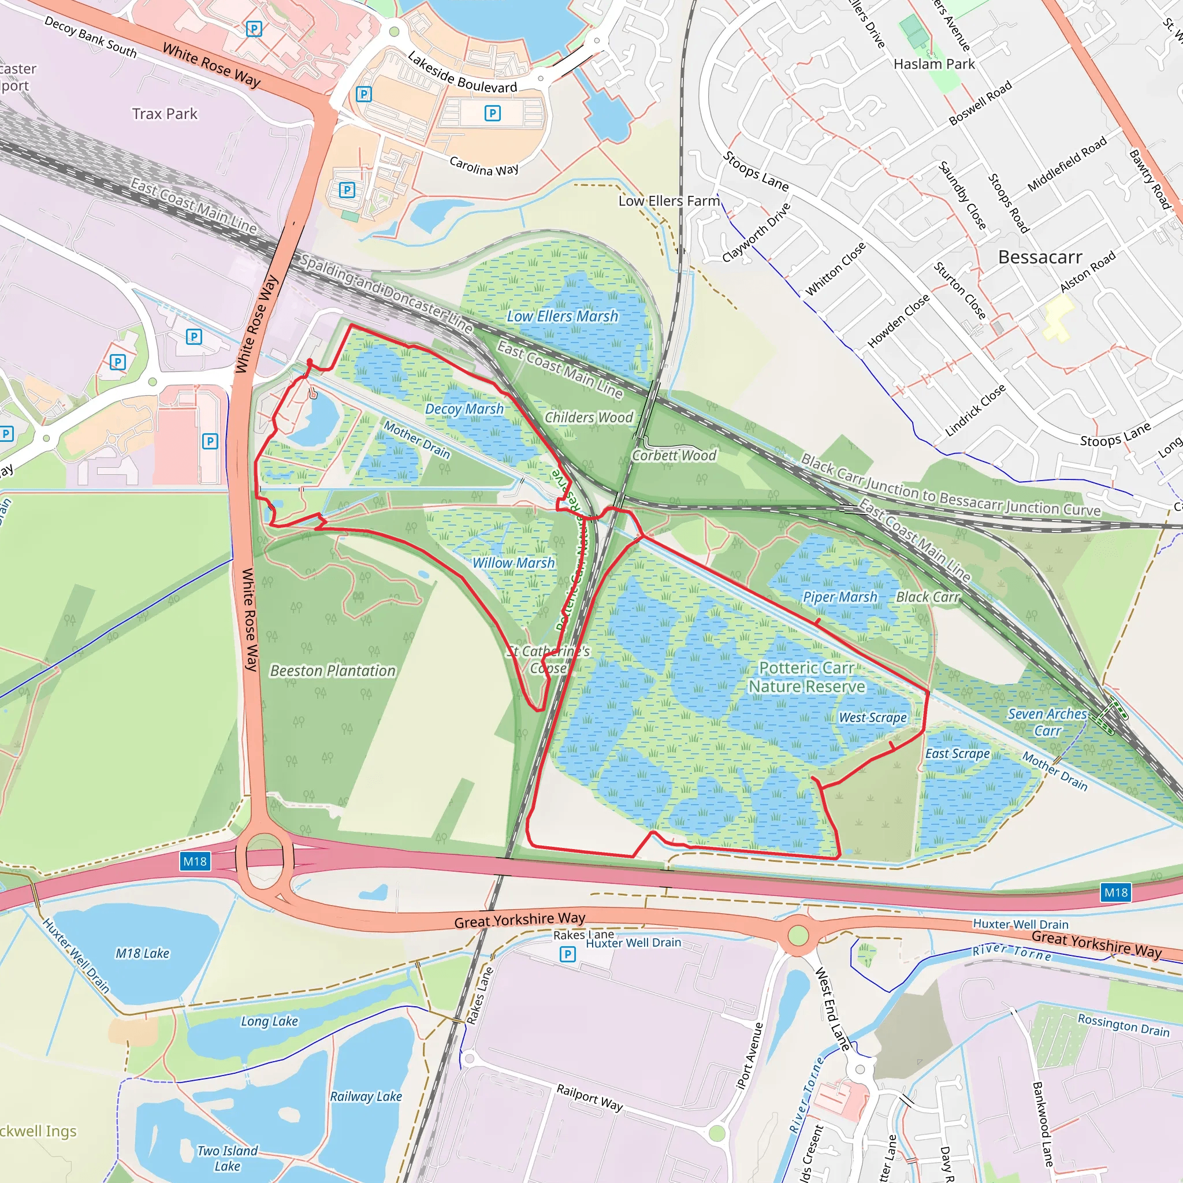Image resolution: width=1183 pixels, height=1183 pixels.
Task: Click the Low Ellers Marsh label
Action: point(562,317)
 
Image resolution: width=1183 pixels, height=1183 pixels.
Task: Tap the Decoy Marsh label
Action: point(464,408)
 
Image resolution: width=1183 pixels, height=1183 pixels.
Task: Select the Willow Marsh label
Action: point(513,563)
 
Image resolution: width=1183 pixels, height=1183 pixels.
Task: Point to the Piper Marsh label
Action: point(839,597)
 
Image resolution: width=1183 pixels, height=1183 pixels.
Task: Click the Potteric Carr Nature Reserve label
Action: point(806,677)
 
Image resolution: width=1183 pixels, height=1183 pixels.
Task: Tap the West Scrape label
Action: point(873,717)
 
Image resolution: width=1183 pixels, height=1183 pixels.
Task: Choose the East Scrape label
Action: point(957,754)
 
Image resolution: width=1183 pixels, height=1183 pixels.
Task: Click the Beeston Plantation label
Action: point(333,671)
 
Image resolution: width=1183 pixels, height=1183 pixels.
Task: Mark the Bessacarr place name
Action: point(1040,257)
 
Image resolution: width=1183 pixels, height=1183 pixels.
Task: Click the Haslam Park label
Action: point(934,64)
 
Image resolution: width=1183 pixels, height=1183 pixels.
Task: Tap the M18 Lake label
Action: point(142,953)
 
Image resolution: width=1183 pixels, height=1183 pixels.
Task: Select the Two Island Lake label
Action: point(227,1159)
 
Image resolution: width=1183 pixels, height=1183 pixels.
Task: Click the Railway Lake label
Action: point(366,1097)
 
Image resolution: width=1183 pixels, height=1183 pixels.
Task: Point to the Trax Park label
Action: point(165,114)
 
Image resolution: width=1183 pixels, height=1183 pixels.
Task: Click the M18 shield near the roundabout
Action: point(195,861)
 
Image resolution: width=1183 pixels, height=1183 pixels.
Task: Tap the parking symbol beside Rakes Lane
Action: point(568,954)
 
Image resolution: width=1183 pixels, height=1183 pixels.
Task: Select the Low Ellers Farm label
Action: point(669,201)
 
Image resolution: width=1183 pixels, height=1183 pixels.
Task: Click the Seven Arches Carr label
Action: point(1047,722)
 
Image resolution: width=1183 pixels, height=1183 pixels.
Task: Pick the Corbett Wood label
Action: point(674,456)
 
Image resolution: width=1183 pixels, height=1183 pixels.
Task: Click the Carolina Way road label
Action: point(483,166)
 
